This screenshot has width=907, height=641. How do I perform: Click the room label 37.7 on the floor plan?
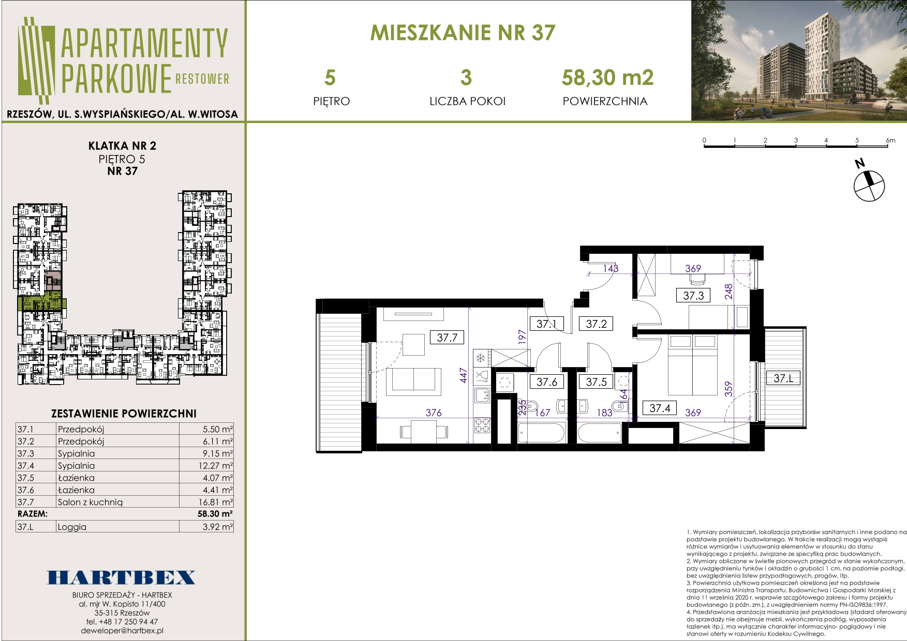(x=447, y=338)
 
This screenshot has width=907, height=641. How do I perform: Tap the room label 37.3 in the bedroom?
(x=693, y=296)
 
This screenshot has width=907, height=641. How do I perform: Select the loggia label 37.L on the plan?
(x=783, y=378)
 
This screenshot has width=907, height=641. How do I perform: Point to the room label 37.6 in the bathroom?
(x=547, y=382)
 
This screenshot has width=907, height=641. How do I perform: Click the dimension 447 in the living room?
(x=464, y=376)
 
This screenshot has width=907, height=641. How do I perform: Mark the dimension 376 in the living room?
(x=434, y=413)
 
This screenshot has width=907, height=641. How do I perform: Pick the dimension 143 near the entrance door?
(x=611, y=268)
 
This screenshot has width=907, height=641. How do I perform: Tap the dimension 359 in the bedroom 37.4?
(x=728, y=389)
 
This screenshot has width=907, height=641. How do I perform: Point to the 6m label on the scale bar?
(x=890, y=140)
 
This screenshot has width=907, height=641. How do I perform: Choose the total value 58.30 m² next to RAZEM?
(x=215, y=514)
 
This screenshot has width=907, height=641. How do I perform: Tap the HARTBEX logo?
(x=122, y=577)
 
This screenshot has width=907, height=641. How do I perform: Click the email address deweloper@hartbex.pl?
(x=122, y=631)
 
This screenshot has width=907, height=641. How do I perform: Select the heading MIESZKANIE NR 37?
(x=463, y=33)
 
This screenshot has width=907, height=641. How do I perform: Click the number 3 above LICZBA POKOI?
(x=466, y=78)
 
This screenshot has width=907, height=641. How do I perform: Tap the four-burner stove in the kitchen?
(x=482, y=425)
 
